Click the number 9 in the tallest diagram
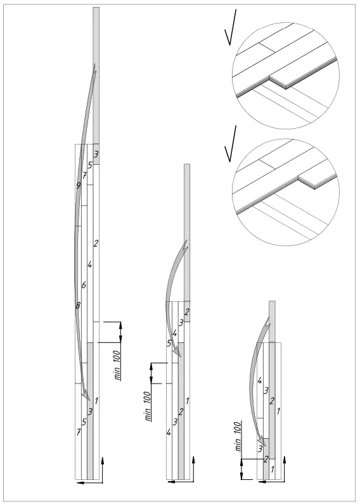pos(78,186)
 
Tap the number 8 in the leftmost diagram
pos(78,306)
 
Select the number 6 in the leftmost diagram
pos(84,285)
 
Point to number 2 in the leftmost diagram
pos(96,243)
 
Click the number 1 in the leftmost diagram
pos(96,401)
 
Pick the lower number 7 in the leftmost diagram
pos(79,432)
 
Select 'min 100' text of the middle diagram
pos(147,406)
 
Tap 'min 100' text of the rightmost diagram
pos(238,436)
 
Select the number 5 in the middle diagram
pos(169,343)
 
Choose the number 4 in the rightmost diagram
pos(260,380)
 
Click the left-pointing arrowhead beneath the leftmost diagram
pos(78,483)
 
